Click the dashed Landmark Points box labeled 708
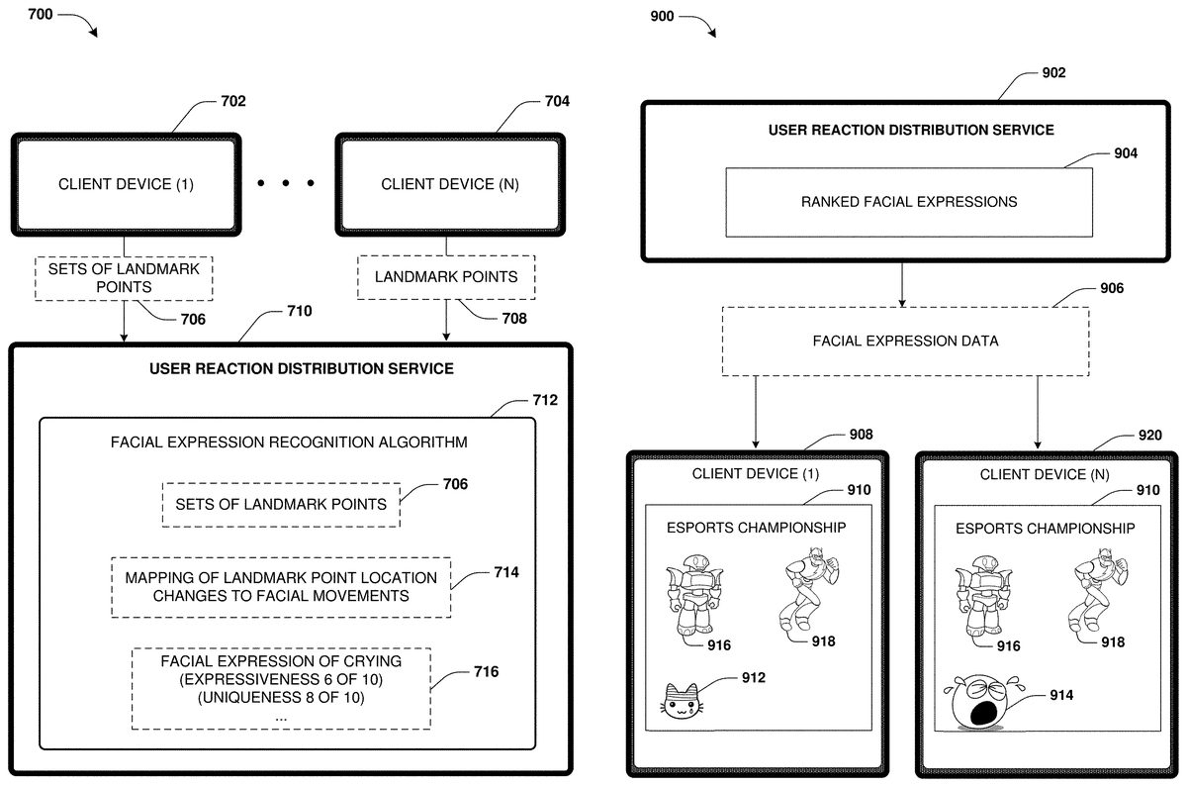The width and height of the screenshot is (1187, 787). [x=446, y=277]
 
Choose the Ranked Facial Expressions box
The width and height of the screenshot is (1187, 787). [x=908, y=202]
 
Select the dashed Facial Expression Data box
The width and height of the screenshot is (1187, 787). [x=905, y=341]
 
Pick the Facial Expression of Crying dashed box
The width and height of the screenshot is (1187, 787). [x=281, y=688]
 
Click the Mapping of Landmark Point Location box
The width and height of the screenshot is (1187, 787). [x=281, y=587]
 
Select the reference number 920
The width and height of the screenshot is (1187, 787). [x=1149, y=435]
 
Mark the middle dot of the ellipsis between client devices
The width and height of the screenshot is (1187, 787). [x=287, y=183]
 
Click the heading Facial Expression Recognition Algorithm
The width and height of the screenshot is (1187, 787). [x=289, y=442]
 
